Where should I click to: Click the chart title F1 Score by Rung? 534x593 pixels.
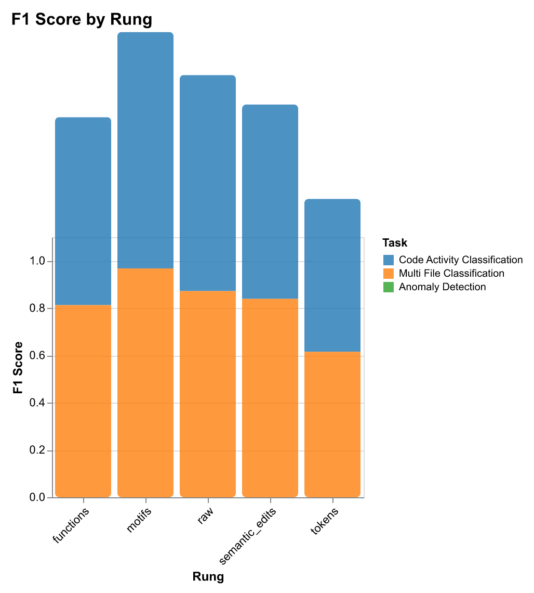tap(81, 19)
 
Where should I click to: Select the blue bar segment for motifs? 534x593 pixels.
tap(145, 150)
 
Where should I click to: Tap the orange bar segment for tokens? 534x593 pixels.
tap(332, 424)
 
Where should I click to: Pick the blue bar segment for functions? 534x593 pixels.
tap(83, 211)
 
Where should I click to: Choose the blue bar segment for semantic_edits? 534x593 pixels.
tap(270, 201)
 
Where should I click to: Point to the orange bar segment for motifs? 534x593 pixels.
tap(145, 382)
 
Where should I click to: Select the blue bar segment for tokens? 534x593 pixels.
tap(332, 275)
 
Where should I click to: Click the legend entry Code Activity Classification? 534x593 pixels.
tap(460, 260)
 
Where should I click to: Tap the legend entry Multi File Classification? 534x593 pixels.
tap(451, 273)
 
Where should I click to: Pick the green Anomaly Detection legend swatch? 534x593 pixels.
tap(388, 287)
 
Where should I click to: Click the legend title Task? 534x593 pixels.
tap(394, 242)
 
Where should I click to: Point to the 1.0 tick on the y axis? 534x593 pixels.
tap(39, 261)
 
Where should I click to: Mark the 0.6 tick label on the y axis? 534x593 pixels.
tap(39, 356)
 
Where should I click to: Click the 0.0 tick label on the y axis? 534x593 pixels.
tap(39, 498)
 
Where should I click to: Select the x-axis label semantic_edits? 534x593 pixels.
tap(249, 536)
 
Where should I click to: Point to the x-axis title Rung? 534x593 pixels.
tap(208, 577)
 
